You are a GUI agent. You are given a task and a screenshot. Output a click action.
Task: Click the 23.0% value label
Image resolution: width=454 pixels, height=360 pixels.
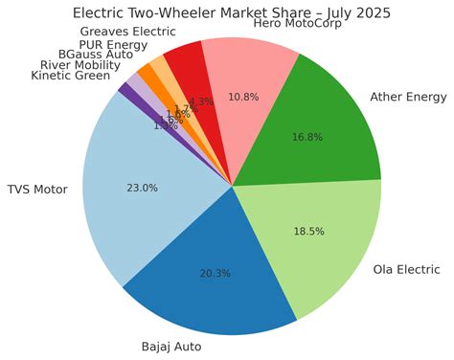[x=142, y=188]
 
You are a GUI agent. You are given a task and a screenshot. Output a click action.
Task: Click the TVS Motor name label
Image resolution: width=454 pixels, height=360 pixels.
[x=37, y=190]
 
